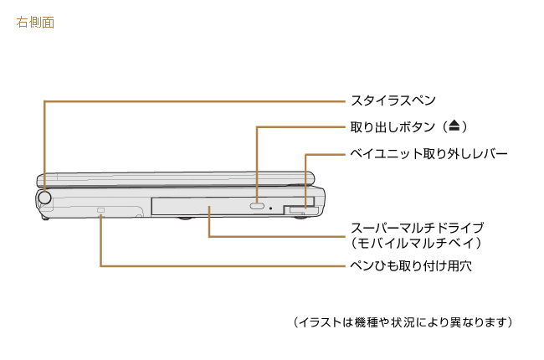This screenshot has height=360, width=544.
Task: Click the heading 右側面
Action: coord(35,23)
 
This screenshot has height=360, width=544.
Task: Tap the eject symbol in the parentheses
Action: coord(453,126)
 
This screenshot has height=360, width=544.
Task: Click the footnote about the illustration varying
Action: coord(403,321)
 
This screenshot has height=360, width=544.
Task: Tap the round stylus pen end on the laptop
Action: coord(45,198)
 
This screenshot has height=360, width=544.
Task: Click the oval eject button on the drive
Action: coord(258,205)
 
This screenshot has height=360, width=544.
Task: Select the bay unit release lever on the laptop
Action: coord(295,208)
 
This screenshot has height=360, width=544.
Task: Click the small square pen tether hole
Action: coord(101,208)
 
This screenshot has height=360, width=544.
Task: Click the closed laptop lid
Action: coord(176,178)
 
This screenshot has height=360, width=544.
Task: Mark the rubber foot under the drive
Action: coord(185,219)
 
